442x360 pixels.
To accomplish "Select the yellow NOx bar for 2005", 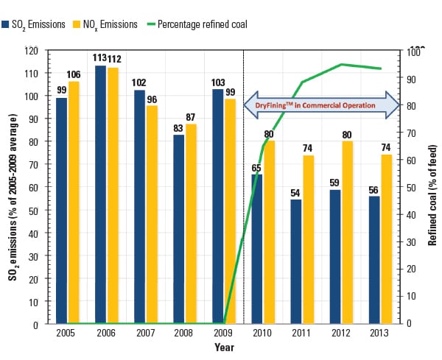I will [x=73, y=202].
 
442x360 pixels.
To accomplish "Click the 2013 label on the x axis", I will [x=380, y=333].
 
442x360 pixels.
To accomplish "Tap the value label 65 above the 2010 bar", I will [x=257, y=168].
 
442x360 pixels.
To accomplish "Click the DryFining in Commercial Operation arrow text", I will [x=315, y=106].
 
